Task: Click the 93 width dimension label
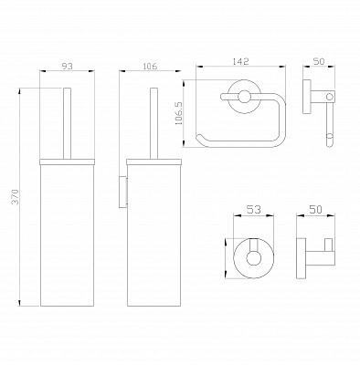pyautogui.click(x=68, y=66)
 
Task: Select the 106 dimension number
pyautogui.click(x=150, y=66)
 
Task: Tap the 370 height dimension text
pyautogui.click(x=16, y=197)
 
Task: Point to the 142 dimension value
pyautogui.click(x=240, y=61)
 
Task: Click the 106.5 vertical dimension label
pyautogui.click(x=179, y=113)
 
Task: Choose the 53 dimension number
pyautogui.click(x=253, y=210)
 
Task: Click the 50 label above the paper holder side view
pyautogui.click(x=319, y=61)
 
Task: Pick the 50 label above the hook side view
pyautogui.click(x=316, y=210)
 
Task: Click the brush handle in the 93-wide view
pyautogui.click(x=67, y=123)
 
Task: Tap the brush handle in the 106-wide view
pyautogui.click(x=154, y=123)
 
